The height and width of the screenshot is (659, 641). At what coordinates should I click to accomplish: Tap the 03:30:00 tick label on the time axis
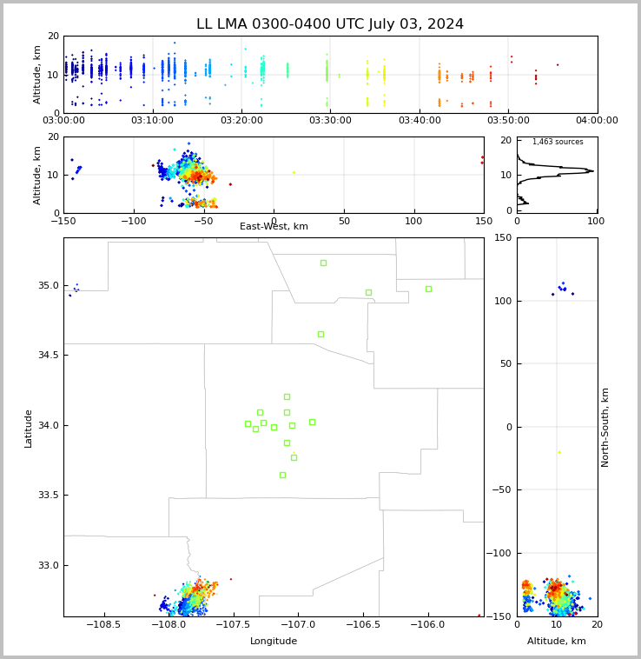point(330,120)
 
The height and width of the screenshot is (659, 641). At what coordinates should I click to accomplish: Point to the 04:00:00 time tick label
point(597,120)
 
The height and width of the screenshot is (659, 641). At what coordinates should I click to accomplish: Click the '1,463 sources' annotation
point(558,142)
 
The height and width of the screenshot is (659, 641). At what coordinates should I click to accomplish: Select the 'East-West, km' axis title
point(274,227)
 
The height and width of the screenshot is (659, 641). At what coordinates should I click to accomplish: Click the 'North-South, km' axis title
point(605,427)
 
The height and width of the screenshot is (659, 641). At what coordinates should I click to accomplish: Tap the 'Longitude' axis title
point(274,642)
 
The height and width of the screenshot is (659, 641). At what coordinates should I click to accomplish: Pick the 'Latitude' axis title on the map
point(29,428)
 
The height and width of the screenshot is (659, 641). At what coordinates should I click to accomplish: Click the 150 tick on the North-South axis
point(501,238)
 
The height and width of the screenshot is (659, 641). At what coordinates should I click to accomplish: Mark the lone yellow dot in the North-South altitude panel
point(558,452)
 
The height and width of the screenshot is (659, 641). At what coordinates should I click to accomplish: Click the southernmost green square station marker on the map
point(282,475)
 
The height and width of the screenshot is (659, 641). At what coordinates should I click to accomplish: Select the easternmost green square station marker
point(428,289)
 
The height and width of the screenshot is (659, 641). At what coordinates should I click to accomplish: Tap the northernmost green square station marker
point(323,263)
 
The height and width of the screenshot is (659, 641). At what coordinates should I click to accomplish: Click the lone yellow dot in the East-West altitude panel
point(294,172)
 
